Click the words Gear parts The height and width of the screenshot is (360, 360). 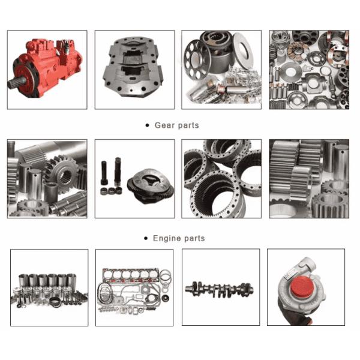(176, 125)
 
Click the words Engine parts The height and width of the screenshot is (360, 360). (178, 238)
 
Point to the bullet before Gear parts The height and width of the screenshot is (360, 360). (148, 125)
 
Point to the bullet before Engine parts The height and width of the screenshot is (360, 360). (146, 238)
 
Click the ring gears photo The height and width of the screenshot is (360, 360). (221, 178)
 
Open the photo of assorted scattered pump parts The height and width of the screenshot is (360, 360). (308, 69)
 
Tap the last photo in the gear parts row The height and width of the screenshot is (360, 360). (308, 178)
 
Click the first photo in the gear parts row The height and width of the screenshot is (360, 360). (47, 178)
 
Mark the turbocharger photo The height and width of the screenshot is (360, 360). (305, 287)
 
